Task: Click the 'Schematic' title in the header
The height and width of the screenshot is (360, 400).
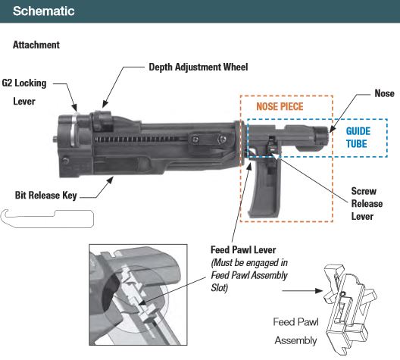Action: [x=43, y=11]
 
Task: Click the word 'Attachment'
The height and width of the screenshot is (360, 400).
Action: [x=36, y=45]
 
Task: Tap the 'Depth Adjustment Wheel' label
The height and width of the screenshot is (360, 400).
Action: [x=198, y=67]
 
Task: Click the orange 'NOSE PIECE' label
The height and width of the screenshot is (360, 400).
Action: [x=280, y=107]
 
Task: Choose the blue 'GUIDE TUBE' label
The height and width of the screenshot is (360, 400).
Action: [x=358, y=136]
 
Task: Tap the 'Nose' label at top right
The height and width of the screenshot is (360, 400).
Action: [x=384, y=93]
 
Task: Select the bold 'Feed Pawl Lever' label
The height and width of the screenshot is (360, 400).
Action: [x=245, y=251]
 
